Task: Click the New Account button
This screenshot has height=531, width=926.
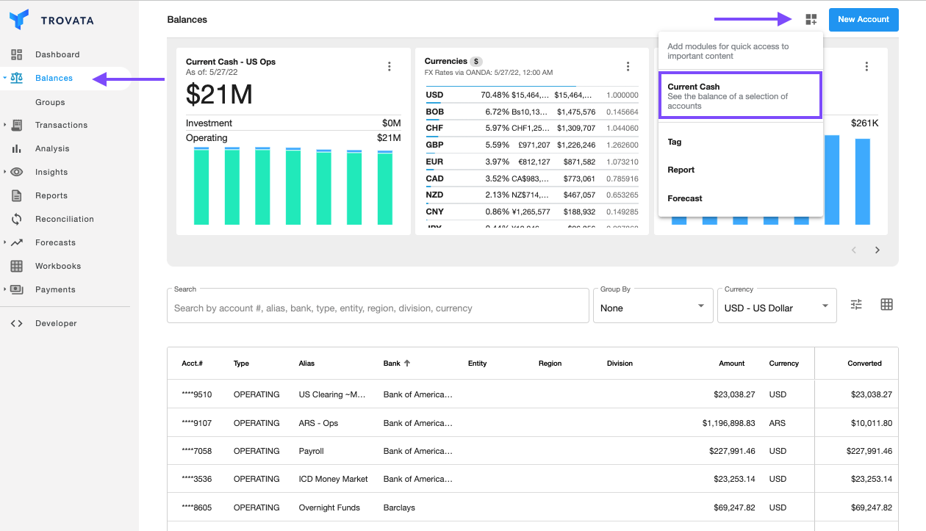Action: pos(863,20)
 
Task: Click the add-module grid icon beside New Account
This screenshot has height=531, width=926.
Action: pos(811,20)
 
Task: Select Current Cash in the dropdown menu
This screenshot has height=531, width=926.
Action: pos(739,95)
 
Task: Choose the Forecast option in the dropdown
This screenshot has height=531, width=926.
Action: pos(684,198)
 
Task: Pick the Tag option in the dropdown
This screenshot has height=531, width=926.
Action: pos(675,142)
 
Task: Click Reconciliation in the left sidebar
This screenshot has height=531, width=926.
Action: pos(64,219)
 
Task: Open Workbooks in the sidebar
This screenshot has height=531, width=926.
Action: pos(57,266)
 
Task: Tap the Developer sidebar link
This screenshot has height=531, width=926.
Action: pos(55,323)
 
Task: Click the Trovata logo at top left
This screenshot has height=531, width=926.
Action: pos(51,20)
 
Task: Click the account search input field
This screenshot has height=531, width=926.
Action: pos(378,308)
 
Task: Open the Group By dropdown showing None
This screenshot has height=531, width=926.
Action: pos(653,308)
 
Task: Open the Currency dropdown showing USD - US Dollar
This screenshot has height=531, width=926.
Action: pos(776,308)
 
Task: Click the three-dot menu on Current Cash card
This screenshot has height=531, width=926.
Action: pos(390,67)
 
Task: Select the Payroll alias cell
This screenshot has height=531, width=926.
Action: pos(311,451)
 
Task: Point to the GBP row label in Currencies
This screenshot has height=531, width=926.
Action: pos(434,145)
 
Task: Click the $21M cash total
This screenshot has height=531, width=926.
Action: pos(219,94)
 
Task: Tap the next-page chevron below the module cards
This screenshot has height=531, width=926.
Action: pos(877,250)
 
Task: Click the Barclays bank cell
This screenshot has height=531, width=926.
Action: pos(399,507)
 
